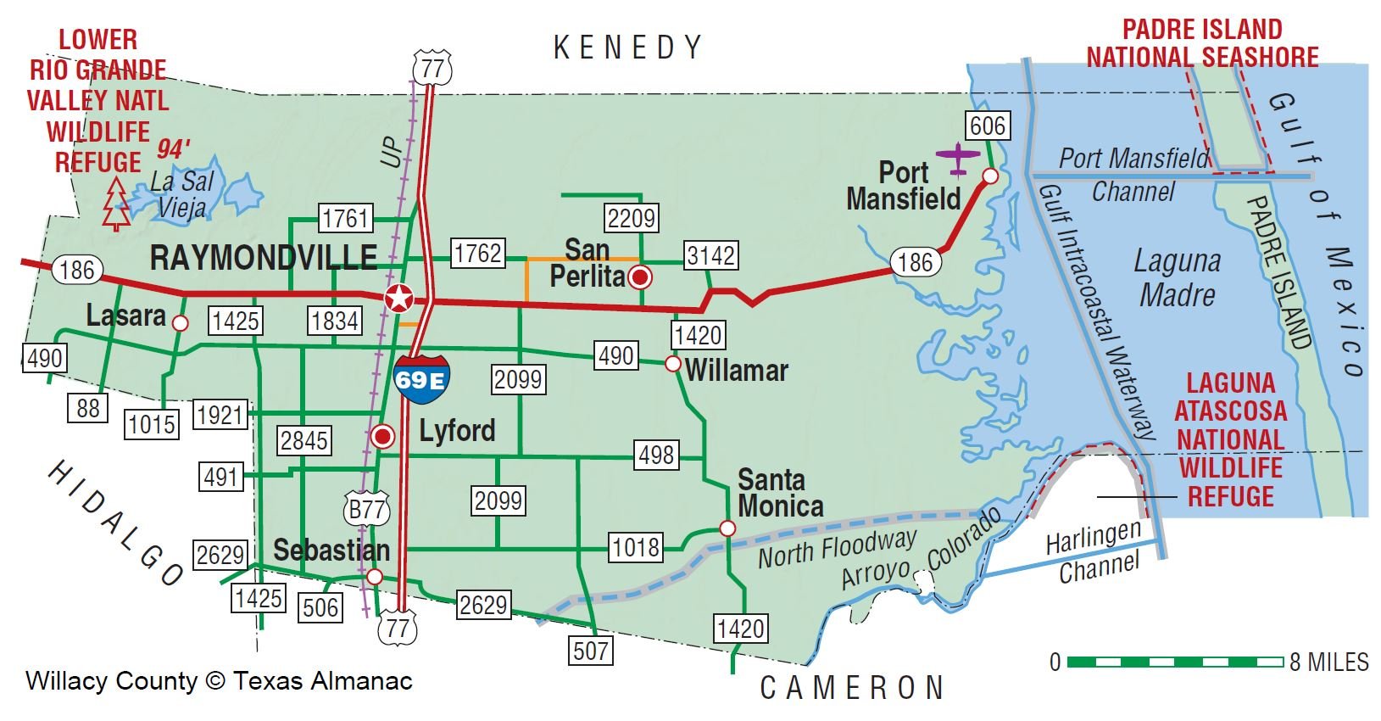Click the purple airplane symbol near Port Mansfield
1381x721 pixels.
pos(958,157)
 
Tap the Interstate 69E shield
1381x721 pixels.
pos(420,379)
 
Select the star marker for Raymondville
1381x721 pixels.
pos(398,299)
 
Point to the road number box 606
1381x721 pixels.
pos(988,126)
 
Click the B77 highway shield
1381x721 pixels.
pos(367,509)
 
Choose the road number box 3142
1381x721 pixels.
pos(710,255)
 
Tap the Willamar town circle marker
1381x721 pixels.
pos(672,364)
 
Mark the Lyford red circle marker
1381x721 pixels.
pos(383,437)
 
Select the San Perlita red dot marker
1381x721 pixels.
pos(641,277)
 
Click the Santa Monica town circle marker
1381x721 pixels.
pos(727,528)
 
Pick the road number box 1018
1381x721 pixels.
pos(635,547)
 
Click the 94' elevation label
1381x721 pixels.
pos(174,149)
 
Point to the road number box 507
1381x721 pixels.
pos(590,651)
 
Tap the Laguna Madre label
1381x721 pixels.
pos(1178,277)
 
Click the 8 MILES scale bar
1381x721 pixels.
pos(1174,662)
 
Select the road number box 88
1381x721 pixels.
pos(88,408)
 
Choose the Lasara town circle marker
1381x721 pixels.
pos(180,323)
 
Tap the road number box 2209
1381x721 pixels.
pos(632,218)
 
